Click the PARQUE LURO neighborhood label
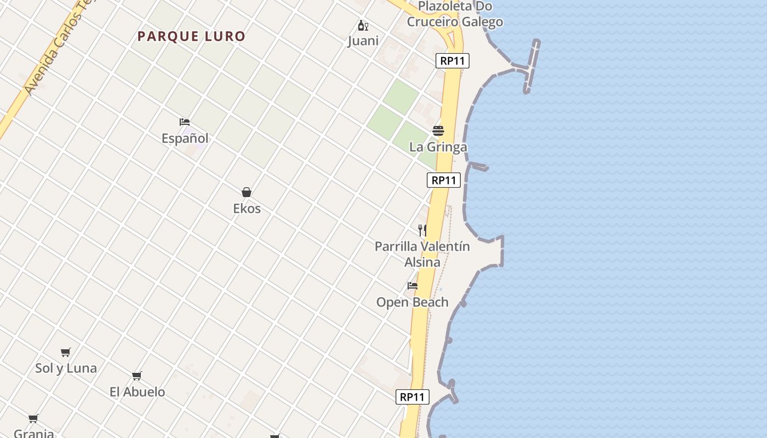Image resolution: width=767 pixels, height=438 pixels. coord(191,37)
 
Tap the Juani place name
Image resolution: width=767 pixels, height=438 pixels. coord(363,41)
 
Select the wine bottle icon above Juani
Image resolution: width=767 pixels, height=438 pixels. coord(363,25)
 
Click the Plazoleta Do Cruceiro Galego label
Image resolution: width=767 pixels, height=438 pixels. coord(455,14)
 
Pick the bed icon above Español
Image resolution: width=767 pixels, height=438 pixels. coord(185,122)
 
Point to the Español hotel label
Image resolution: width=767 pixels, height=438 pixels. coord(185,139)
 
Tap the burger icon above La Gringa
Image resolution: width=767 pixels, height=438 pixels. coord(438,131)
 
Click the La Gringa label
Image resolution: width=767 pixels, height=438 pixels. coord(438,147)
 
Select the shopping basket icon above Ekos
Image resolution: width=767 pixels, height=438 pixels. coord(247,192)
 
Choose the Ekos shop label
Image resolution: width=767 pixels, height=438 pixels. coord(247,209)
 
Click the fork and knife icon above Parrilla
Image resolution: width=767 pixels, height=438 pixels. coord(422,230)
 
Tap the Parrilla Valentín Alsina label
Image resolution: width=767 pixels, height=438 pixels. coord(422,254)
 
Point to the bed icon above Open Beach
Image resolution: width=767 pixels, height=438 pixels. coord(413,286)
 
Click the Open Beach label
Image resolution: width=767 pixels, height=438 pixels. coord(412,302)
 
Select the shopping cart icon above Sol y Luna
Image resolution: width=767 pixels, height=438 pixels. coord(66,352)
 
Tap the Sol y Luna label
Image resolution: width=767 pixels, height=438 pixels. coord(66,368)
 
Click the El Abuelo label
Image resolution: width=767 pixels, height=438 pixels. coord(137,392)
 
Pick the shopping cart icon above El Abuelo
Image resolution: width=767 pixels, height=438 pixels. coord(137,376)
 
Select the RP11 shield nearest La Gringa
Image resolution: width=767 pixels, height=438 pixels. coord(443,180)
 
